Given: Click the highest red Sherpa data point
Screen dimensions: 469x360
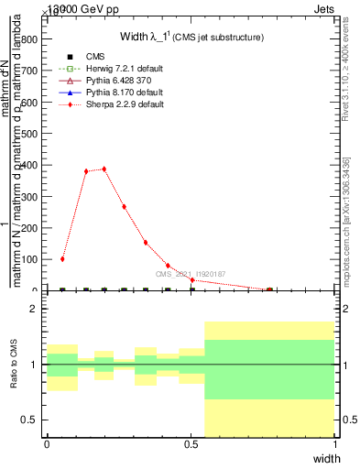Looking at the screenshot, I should point(104,169).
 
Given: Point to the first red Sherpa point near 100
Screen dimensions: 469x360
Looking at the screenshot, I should point(62,259).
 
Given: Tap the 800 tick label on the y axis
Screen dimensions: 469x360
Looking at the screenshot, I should point(29,39).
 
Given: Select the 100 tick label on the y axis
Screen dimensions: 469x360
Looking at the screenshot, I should point(29,259).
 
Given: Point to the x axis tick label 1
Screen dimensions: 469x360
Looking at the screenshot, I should point(335,444).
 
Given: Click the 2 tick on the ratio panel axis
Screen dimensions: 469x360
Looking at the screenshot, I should point(33,309).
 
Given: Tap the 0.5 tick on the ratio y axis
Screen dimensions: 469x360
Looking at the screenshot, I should point(29,420).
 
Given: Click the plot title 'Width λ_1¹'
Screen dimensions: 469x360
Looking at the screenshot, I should point(191,38).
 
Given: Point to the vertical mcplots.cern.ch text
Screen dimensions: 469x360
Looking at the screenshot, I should point(346,220).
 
